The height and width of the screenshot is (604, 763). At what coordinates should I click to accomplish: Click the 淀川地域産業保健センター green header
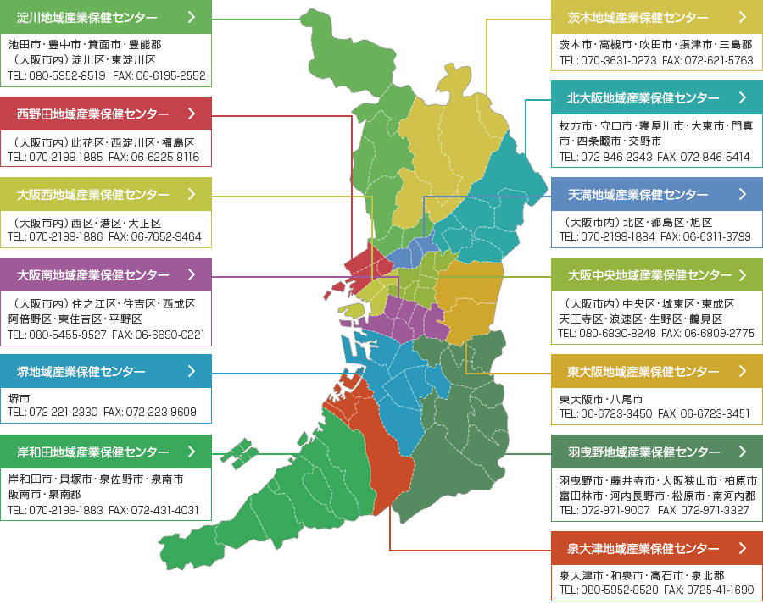pos(105,17)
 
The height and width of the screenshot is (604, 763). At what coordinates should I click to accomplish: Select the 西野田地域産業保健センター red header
pos(105,114)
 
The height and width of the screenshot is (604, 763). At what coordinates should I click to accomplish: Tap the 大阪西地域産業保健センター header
pos(105,195)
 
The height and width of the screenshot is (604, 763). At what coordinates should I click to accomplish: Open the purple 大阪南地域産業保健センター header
pos(105,275)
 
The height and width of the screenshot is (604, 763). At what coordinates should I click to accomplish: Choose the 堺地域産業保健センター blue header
pos(105,371)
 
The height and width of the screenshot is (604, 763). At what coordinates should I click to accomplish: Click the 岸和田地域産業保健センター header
pos(105,452)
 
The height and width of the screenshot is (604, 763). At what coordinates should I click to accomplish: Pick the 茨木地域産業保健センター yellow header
pos(657,17)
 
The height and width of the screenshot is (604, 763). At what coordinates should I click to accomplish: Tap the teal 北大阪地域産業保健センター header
pos(657,97)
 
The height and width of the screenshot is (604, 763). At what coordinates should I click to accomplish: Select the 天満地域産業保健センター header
pos(657,195)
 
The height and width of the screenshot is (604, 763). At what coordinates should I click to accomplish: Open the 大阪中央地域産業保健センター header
pos(657,275)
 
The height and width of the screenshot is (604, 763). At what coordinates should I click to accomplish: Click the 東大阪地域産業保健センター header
pos(657,371)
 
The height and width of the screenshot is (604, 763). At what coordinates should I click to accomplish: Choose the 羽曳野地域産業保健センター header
pos(657,452)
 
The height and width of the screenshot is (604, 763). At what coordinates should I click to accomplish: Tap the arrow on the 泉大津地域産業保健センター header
pos(743,548)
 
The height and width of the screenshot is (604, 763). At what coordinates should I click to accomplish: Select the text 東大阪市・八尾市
pos(601,399)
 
